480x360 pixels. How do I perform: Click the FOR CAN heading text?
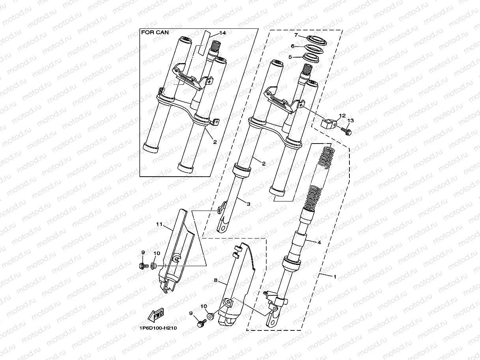(x=155, y=33)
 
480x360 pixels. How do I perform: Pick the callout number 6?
(x=293, y=46)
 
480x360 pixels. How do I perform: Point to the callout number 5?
(x=290, y=57)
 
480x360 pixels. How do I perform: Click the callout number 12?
(x=342, y=116)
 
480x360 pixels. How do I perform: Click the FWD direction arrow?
(x=157, y=315)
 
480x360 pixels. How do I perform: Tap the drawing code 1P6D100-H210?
(x=155, y=328)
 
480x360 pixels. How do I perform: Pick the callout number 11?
(x=159, y=224)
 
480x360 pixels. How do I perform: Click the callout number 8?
(x=216, y=280)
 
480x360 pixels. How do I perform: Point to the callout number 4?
(x=319, y=242)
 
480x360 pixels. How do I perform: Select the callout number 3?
(x=248, y=204)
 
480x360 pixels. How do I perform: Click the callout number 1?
(x=335, y=276)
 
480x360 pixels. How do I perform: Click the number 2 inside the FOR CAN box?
(x=215, y=142)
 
